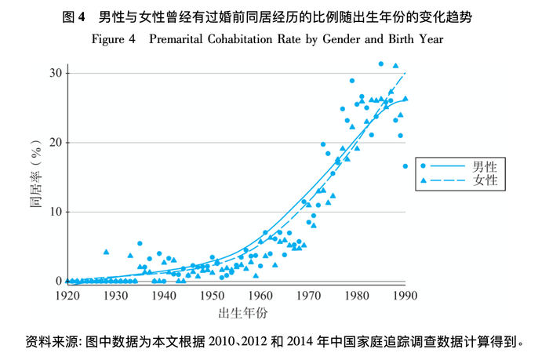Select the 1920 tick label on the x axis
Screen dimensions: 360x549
pos(67,296)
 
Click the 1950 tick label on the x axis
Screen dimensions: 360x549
pos(213,296)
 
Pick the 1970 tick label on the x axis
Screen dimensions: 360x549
pos(309,296)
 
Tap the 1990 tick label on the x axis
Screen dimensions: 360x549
pos(405,296)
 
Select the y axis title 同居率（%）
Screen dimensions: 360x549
pos(35,176)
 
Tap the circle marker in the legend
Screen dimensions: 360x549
pos(424,166)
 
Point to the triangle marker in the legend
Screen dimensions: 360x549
pos(424,180)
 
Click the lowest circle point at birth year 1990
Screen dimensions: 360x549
pos(405,166)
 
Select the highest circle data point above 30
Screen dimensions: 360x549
pos(381,64)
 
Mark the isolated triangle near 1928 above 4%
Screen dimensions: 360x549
pos(106,252)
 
